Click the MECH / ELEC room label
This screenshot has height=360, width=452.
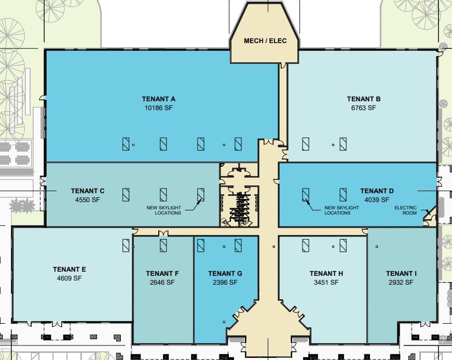click(x=265, y=41)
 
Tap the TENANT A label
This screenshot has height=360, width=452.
click(x=159, y=99)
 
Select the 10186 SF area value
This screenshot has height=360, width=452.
click(x=159, y=108)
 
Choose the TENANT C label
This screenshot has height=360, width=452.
click(x=88, y=191)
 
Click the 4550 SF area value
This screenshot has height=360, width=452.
click(x=88, y=199)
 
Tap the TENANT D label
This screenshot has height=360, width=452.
click(x=377, y=191)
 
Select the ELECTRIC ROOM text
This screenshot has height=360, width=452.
click(x=405, y=210)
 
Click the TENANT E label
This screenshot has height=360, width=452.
click(x=69, y=269)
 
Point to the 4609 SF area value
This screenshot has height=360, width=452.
click(x=69, y=278)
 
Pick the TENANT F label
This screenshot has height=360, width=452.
click(x=162, y=273)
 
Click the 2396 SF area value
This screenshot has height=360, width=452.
click(x=225, y=283)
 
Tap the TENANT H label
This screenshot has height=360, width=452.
click(x=326, y=273)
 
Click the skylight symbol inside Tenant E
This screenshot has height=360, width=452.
click(x=126, y=244)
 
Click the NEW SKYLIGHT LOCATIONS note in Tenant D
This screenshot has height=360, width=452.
click(x=341, y=210)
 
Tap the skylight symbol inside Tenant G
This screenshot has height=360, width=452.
click(x=238, y=244)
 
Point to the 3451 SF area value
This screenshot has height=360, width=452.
click(x=326, y=283)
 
